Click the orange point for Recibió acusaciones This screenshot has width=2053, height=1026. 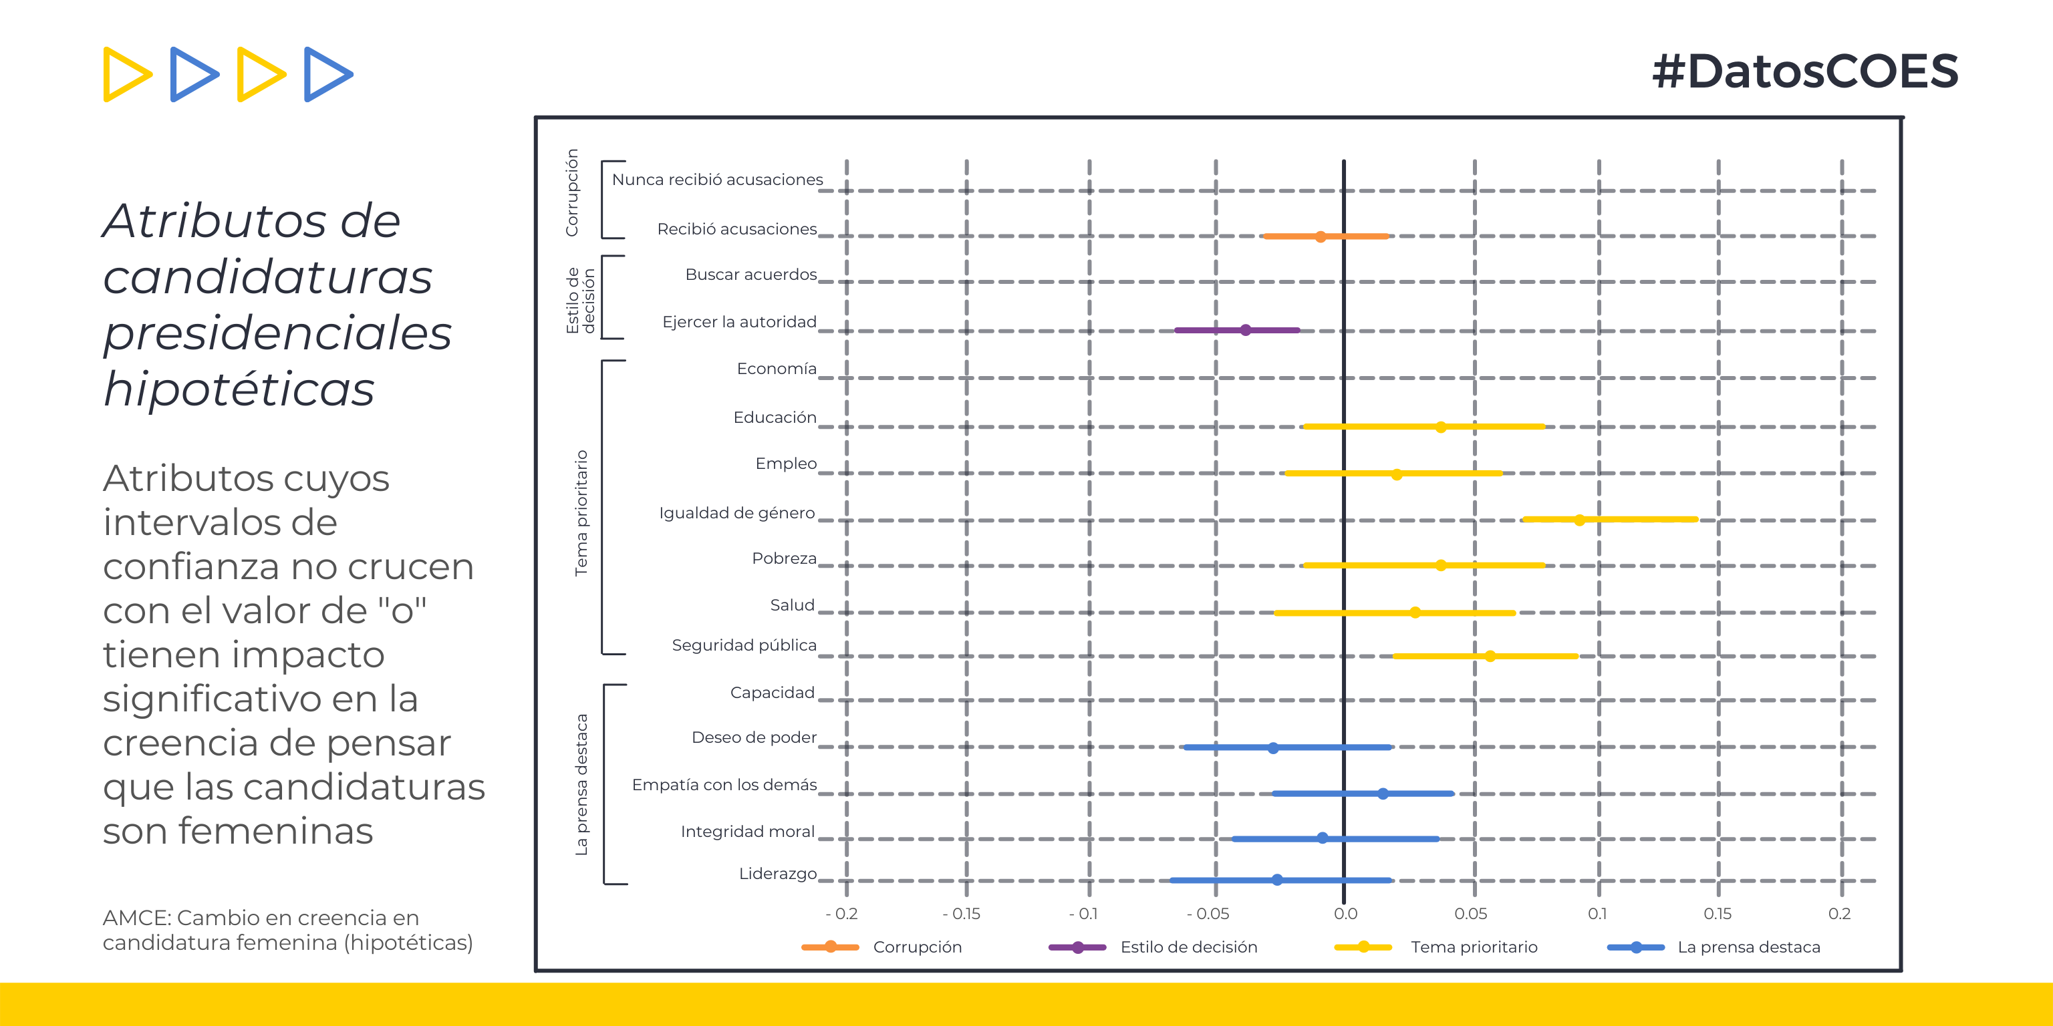click(x=1321, y=236)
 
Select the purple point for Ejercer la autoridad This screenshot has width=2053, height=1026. click(x=1246, y=330)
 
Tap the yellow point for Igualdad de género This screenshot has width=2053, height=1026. click(x=1579, y=520)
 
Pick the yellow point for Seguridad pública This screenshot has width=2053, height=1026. click(x=1490, y=657)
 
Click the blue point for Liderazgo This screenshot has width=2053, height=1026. click(x=1276, y=880)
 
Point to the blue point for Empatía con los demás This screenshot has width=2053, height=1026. click(x=1383, y=794)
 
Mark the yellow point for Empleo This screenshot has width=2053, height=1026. click(x=1396, y=474)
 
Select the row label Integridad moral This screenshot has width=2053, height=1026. click(x=748, y=832)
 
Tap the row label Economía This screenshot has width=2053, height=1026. click(x=777, y=369)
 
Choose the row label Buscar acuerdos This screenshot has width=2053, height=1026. click(x=750, y=275)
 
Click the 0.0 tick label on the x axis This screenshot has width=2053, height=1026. click(x=1345, y=914)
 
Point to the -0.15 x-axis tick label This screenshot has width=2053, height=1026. click(x=961, y=914)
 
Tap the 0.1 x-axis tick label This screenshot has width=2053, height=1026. click(x=1597, y=914)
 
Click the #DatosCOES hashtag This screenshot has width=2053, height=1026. click(x=1805, y=71)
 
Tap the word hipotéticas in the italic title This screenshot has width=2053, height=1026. click(x=239, y=390)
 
